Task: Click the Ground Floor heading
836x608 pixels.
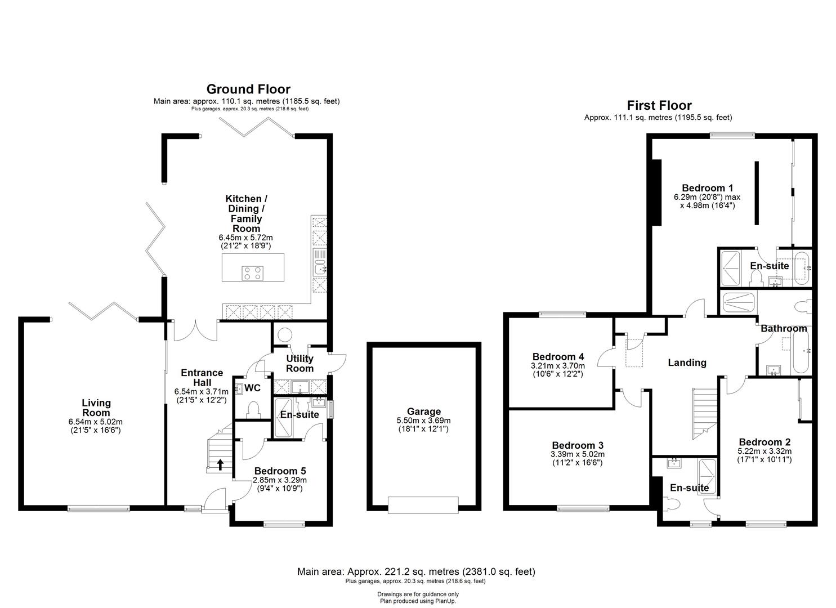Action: coord(248,89)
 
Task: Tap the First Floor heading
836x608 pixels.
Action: coord(659,105)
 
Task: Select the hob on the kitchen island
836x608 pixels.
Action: coord(253,273)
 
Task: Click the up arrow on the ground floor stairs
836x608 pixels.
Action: coord(220,464)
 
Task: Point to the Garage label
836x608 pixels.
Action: coord(424,412)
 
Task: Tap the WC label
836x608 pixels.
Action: coord(253,388)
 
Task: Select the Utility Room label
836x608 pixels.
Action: coord(299,363)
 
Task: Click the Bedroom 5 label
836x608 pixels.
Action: coord(280,471)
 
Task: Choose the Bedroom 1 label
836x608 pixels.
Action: coord(707,188)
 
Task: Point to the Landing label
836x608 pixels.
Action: coord(687,363)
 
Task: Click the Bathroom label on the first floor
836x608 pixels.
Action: coord(784,328)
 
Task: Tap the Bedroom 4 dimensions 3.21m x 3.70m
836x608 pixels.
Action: coord(557,366)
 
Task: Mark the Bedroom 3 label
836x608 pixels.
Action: coord(578,445)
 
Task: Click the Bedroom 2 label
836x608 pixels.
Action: coord(765,442)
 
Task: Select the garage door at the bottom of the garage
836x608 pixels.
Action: coord(423,505)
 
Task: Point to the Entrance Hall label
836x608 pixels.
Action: coord(202,377)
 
